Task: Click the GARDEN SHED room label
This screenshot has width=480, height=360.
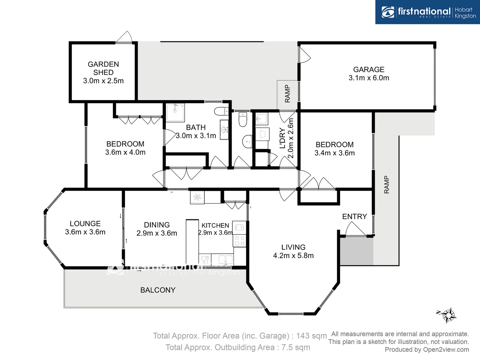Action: click(103, 68)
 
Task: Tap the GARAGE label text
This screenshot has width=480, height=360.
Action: click(369, 69)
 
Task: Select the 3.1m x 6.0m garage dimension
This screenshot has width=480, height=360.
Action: click(369, 78)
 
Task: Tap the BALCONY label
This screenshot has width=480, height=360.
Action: click(158, 290)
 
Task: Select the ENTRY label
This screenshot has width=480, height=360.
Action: click(354, 217)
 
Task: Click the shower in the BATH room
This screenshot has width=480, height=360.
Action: click(175, 112)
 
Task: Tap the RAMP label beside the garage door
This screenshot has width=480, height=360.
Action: click(287, 94)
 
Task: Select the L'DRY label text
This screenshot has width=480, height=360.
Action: click(283, 138)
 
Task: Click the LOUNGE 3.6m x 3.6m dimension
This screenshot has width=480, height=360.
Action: click(85, 232)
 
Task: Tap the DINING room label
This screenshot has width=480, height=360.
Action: click(157, 225)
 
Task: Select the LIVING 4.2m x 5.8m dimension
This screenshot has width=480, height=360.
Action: click(293, 256)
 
